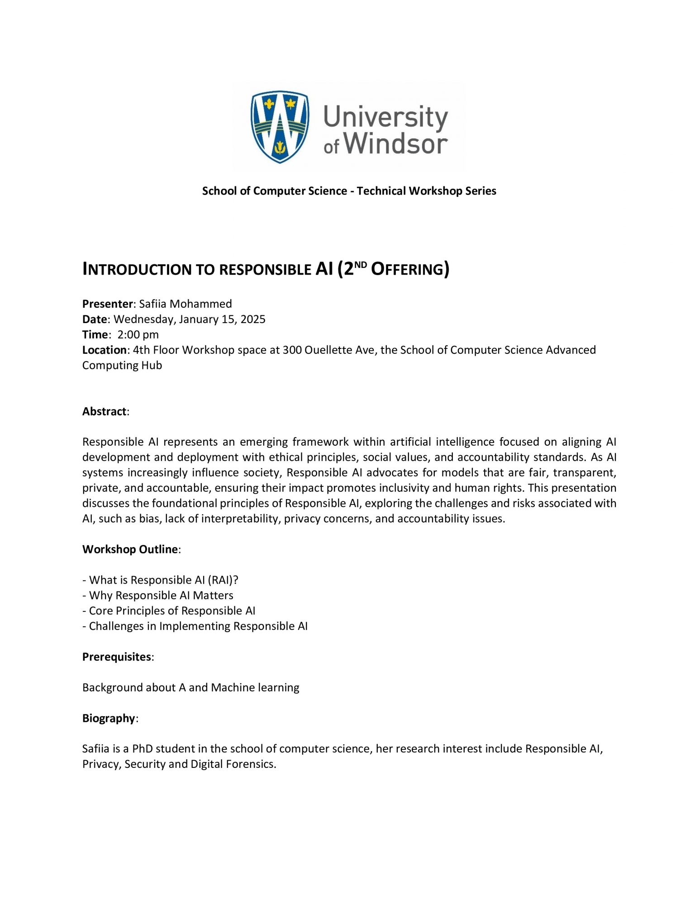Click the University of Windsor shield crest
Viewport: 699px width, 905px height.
coord(280,126)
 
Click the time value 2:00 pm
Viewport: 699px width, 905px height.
coord(138,334)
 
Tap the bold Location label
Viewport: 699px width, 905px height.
coord(104,350)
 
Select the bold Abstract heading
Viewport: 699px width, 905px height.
coord(104,411)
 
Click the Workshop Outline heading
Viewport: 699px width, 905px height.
coord(130,549)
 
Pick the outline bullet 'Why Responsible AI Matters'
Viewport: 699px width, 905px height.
coord(161,595)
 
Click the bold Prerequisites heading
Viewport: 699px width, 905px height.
coord(117,657)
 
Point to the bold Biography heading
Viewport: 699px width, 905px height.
coord(109,719)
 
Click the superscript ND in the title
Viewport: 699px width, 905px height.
coord(361,264)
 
